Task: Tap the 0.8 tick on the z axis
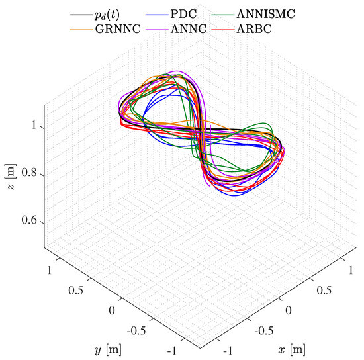point(29,175)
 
